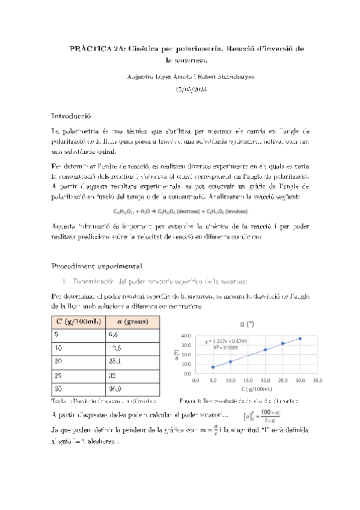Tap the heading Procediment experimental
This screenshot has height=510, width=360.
pos(96,265)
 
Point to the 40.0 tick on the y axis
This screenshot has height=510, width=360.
pos(186,336)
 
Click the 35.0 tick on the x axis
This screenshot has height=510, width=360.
pos(318,381)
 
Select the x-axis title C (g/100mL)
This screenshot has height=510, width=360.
pos(256,390)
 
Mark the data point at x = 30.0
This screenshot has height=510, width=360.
pos(300,339)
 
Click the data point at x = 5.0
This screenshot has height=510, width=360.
pos(213,367)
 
